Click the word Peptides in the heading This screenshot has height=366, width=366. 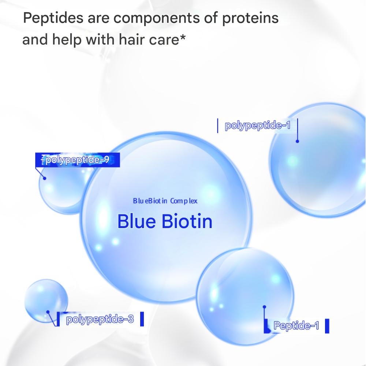[x=53, y=18]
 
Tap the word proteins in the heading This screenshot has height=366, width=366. [x=250, y=18]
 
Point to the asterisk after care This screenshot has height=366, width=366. [x=182, y=37]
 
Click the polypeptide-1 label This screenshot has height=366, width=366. [x=257, y=125]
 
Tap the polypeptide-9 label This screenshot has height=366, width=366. [x=77, y=160]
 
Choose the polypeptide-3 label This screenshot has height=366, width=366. [x=100, y=319]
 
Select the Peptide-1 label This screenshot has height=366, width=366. [x=296, y=325]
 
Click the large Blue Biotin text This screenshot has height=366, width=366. [x=165, y=221]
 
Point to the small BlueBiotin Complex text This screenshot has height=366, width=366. [x=165, y=201]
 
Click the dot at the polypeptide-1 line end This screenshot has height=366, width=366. [x=297, y=141]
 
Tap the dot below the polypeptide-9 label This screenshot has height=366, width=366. [x=45, y=178]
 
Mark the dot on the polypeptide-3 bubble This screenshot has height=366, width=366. [x=48, y=312]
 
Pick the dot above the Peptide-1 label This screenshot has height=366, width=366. [x=264, y=307]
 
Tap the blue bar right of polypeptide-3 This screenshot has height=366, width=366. [x=142, y=319]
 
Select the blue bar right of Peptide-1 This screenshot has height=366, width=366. [x=327, y=326]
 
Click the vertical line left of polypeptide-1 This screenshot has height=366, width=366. [x=217, y=126]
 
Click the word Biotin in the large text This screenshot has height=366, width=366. [x=187, y=221]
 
